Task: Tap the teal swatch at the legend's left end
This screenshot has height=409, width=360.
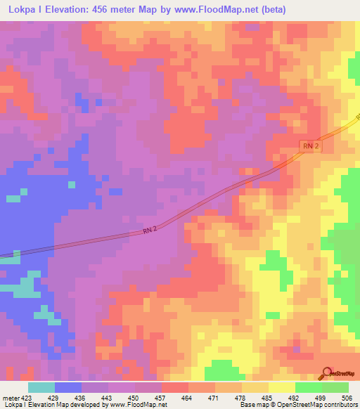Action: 41,387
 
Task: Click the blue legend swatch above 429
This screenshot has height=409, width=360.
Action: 68,387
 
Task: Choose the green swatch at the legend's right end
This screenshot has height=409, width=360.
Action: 335,387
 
